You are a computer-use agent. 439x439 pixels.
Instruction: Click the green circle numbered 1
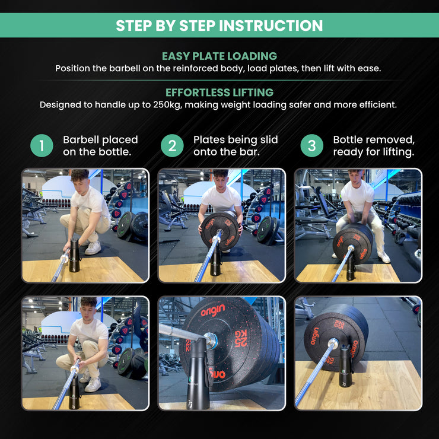(x=42, y=145)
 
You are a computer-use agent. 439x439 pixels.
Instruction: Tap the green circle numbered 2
(x=172, y=145)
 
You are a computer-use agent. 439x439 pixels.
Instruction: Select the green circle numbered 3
(x=312, y=145)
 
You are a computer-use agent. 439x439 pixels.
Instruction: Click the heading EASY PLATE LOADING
(x=220, y=56)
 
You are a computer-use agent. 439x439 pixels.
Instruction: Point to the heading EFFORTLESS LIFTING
(x=220, y=93)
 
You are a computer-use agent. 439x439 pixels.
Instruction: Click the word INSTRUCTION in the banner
(x=271, y=26)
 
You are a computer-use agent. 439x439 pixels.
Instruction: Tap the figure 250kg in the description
(x=167, y=105)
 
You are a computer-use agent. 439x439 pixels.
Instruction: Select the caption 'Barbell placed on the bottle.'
(x=100, y=145)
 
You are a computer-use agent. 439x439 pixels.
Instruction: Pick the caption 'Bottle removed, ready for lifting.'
(x=374, y=145)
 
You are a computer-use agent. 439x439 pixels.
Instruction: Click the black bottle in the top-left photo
(x=75, y=255)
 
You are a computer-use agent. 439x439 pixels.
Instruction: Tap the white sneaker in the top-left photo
(x=93, y=248)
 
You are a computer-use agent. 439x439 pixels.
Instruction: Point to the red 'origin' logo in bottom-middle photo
(x=213, y=310)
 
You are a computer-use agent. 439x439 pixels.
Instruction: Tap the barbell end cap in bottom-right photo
(x=333, y=342)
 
